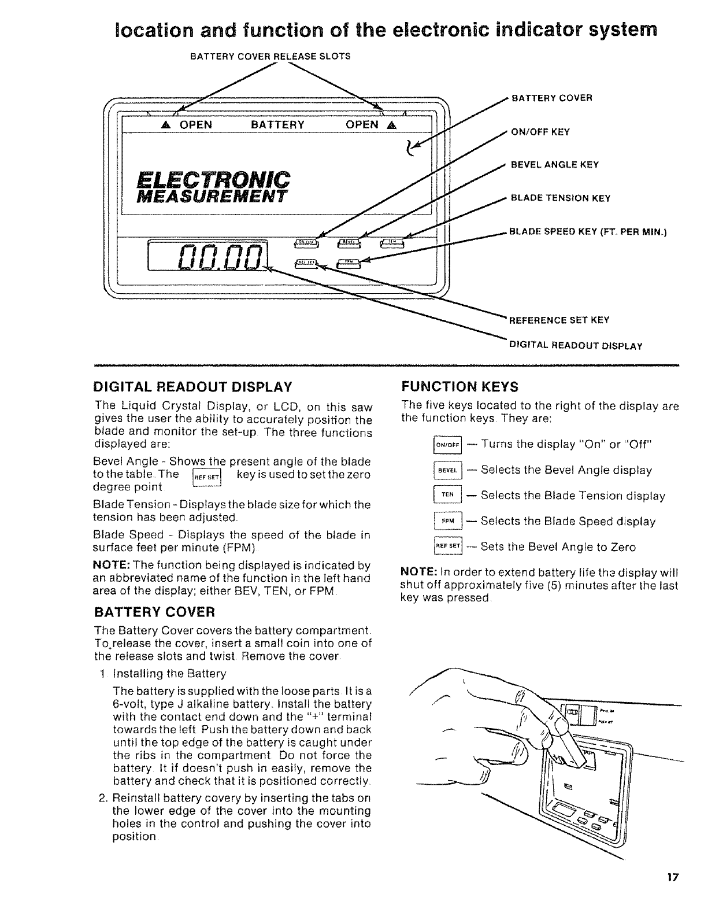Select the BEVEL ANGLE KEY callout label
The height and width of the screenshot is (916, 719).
tap(554, 165)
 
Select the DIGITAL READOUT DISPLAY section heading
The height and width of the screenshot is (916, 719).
tap(193, 386)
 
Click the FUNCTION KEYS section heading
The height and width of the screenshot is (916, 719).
tap(459, 386)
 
